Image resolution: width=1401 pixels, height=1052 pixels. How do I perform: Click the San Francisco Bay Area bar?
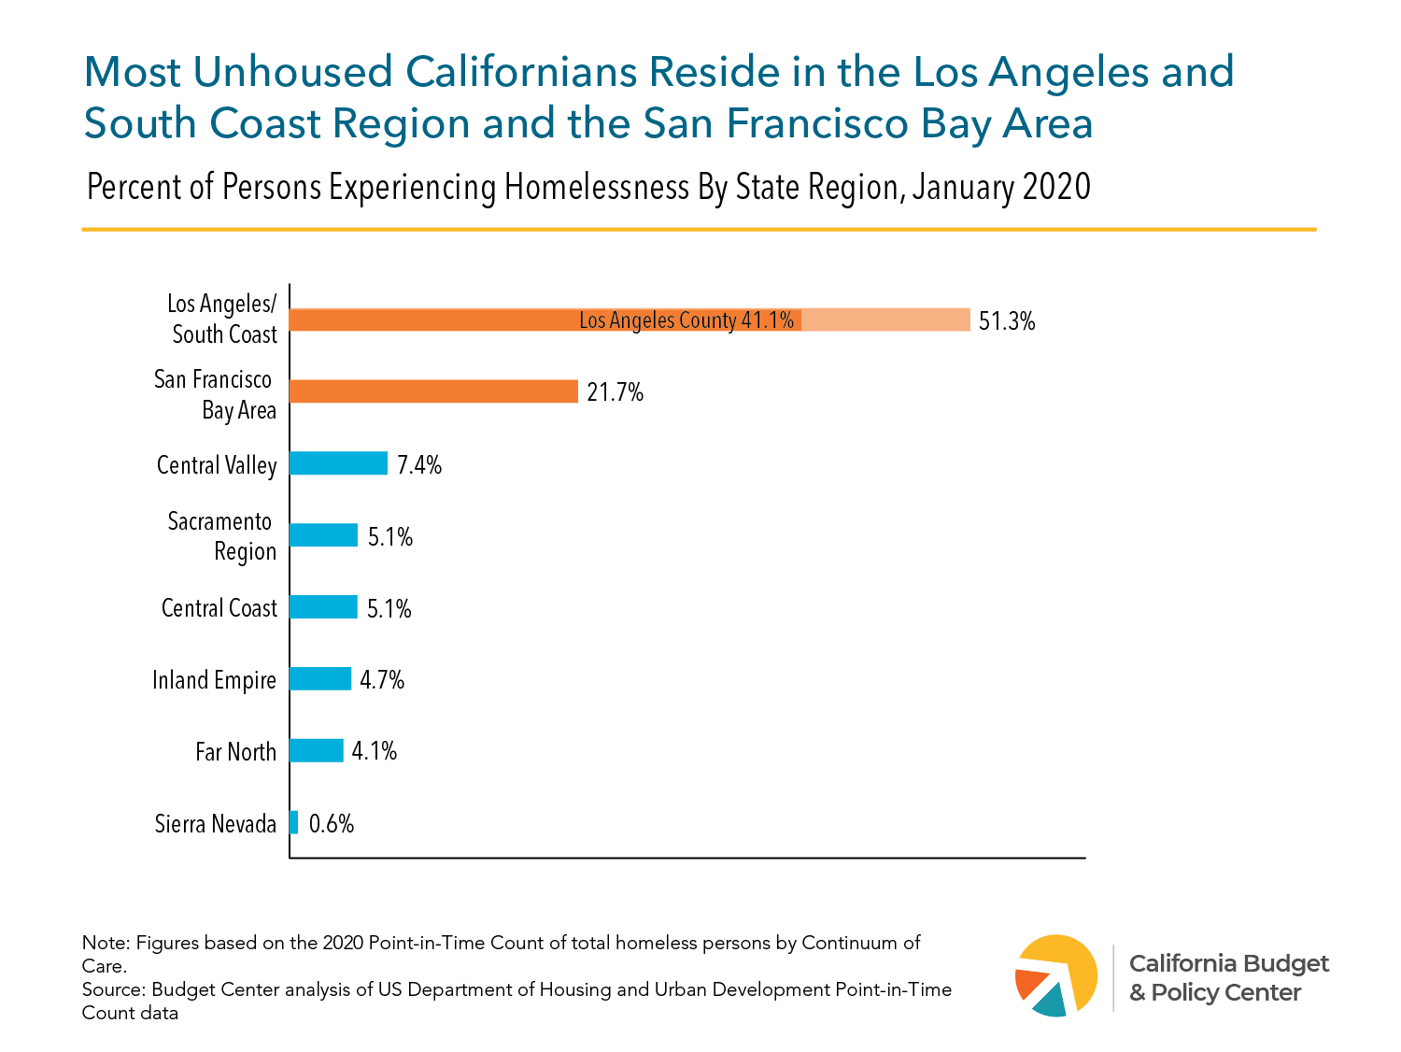[433, 391]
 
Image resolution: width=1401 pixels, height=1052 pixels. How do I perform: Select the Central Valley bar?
[338, 463]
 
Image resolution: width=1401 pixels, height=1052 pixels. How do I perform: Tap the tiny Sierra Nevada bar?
[294, 822]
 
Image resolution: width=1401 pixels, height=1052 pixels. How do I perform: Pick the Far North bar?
[317, 750]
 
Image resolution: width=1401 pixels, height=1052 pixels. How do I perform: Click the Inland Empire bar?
[320, 679]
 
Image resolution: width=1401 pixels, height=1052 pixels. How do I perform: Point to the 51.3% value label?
[1007, 321]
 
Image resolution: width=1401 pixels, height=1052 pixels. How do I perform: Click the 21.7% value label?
[615, 392]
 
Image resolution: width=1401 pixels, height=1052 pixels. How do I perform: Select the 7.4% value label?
[418, 464]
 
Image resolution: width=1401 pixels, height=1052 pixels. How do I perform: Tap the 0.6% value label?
[332, 823]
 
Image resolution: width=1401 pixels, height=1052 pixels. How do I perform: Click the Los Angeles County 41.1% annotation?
[686, 320]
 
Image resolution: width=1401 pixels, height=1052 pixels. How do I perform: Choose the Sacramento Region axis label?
[221, 536]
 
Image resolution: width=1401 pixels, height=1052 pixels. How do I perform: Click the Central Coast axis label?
[219, 608]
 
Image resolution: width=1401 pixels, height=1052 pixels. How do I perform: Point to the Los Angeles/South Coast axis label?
[223, 320]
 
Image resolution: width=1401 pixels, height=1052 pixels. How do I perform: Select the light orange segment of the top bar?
[885, 320]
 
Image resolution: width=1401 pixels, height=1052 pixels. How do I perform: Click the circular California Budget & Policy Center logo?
[1056, 975]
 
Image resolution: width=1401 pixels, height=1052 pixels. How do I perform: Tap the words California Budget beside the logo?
[1228, 963]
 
